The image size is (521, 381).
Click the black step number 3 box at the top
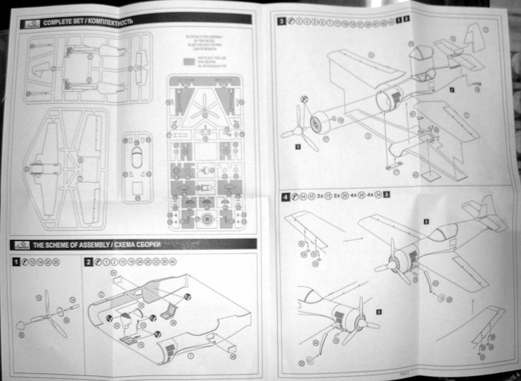[x=282, y=20]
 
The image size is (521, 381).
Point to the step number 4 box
[x=284, y=196]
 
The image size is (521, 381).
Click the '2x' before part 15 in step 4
[x=321, y=196]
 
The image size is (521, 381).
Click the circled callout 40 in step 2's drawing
[x=233, y=357]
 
